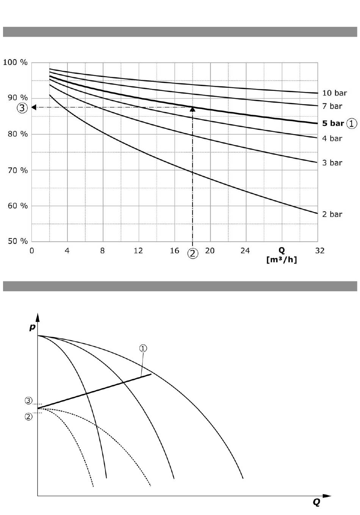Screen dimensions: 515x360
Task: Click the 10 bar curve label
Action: pos(334,93)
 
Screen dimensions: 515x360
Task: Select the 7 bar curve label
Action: pos(332,106)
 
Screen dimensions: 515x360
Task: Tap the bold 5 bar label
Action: pos(333,123)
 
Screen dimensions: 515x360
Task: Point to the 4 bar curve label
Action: pos(332,139)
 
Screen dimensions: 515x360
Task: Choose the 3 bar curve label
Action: pos(332,163)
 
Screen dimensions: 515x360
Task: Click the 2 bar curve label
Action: pos(332,214)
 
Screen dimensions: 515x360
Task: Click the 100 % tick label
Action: pos(15,62)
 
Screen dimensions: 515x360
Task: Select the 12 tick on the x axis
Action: pos(138,251)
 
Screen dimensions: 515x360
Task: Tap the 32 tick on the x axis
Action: pos(320,251)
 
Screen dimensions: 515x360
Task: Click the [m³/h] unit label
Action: pos(282,260)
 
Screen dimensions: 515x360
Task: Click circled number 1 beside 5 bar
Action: pos(352,123)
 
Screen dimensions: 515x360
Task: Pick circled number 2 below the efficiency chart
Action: pos(193,253)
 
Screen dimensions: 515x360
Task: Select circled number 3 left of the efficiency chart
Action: pos(22,108)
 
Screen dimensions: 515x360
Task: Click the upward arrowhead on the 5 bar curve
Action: pos(193,109)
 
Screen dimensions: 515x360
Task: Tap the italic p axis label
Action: pos(32,327)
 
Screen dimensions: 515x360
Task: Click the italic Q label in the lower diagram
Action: pos(316,502)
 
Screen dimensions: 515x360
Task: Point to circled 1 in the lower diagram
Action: pos(143,348)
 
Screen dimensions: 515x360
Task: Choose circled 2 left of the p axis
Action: pos(29,417)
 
